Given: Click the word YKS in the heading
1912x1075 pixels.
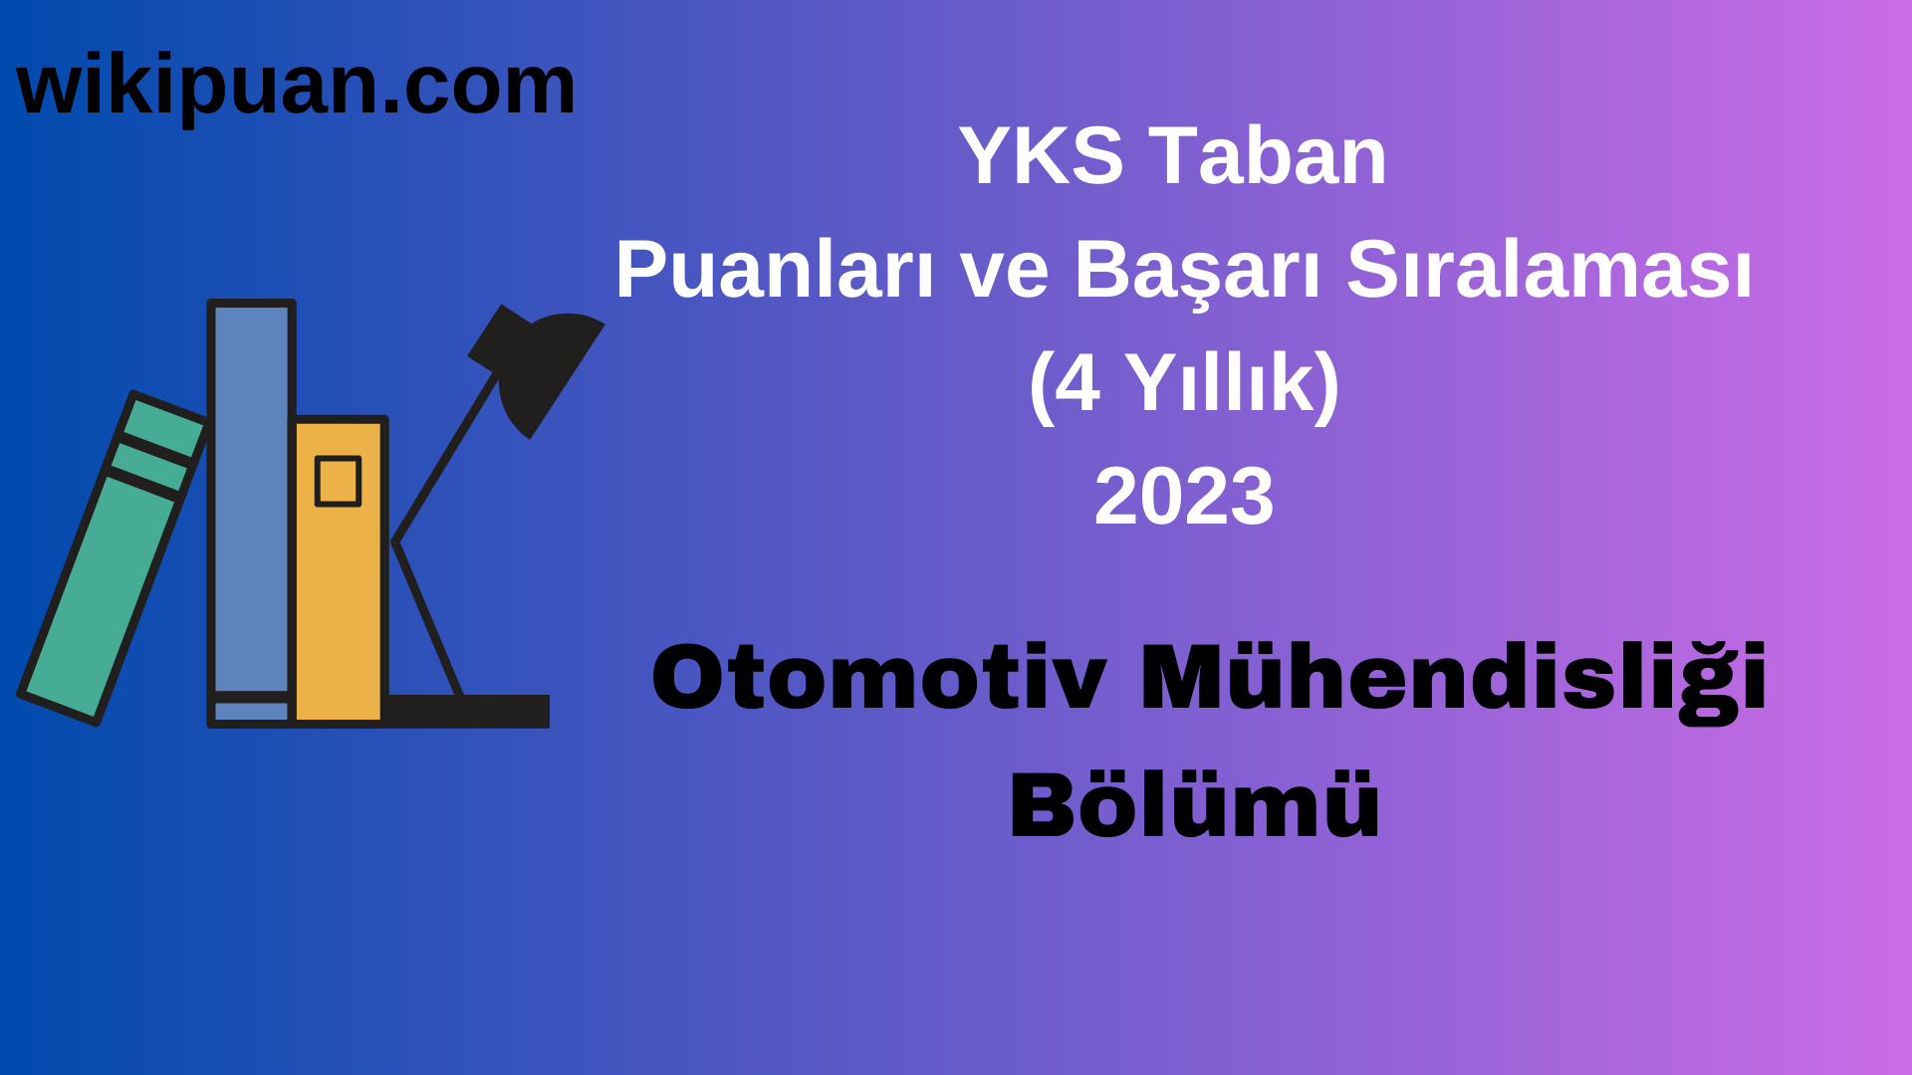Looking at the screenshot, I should coord(1041,156).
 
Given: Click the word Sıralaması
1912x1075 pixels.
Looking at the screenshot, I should coord(1549,270).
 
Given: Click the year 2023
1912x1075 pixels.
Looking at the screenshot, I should coord(1183,497).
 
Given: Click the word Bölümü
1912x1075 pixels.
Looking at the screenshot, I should coord(1194,806).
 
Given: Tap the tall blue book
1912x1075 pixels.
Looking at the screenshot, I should coord(251,498).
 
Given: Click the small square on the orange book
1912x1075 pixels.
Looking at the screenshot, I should coord(338,482).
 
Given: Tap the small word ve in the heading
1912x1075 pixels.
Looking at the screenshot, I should coord(1004,272).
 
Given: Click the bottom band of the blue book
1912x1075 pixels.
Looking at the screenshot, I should coord(251,711).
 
